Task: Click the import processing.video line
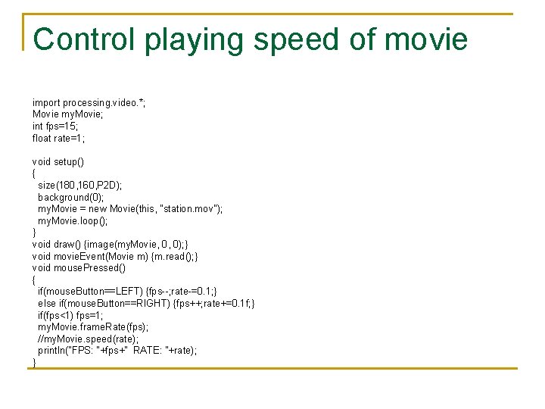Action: [x=89, y=102]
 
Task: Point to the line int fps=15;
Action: [x=56, y=126]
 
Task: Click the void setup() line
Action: [x=58, y=161]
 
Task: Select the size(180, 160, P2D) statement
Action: [x=79, y=185]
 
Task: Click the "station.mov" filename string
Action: [x=185, y=209]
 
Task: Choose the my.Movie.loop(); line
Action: [x=73, y=220]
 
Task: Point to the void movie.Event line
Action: [x=115, y=256]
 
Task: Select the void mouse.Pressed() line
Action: [x=79, y=267]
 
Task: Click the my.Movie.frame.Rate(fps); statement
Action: [x=93, y=326]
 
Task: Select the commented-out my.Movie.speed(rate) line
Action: [x=88, y=339]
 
